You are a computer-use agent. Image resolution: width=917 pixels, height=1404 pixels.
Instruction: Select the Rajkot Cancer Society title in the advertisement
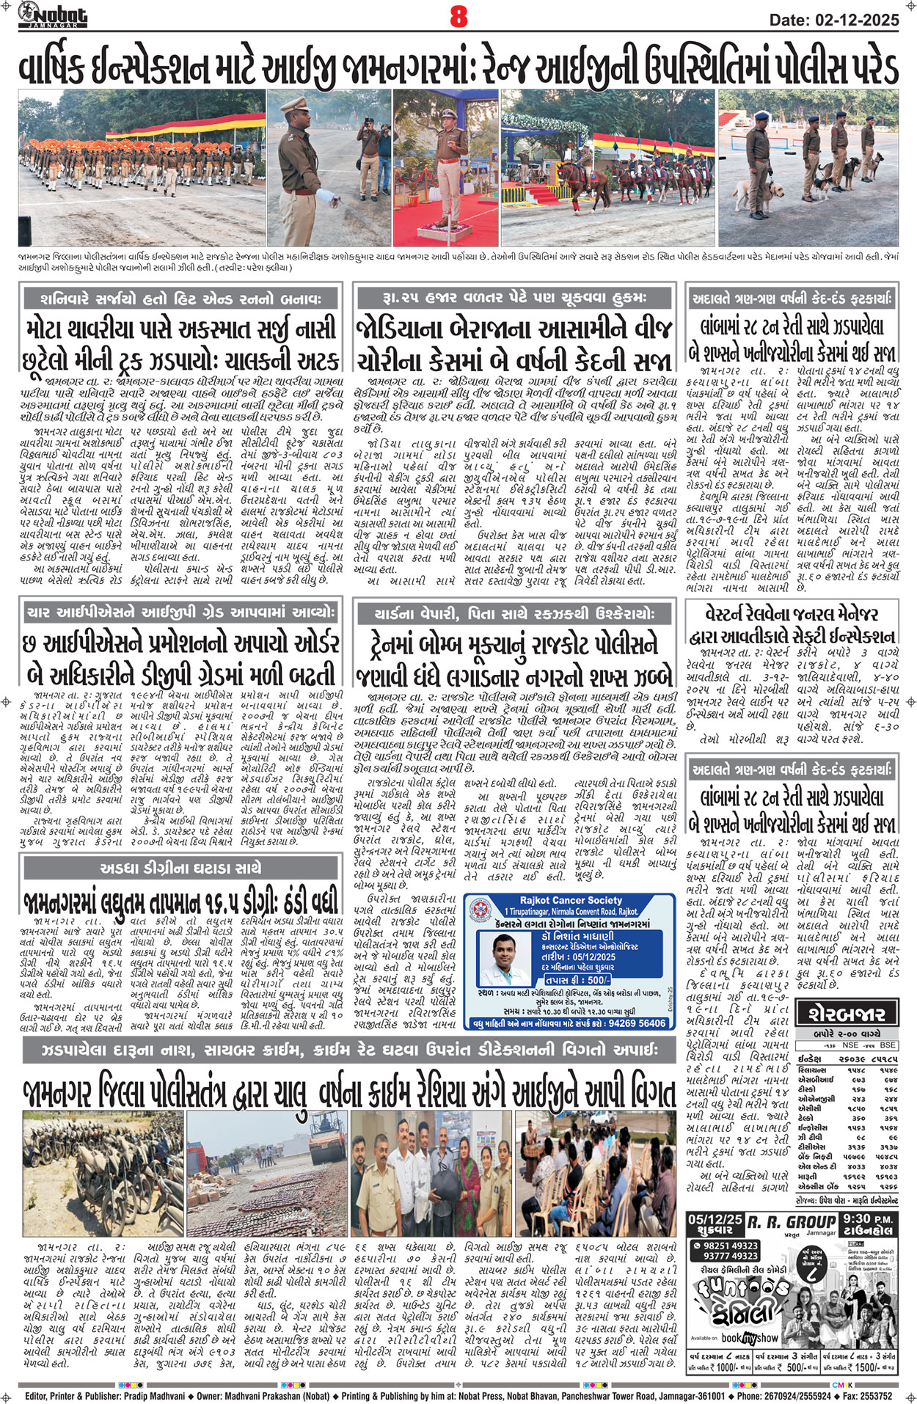(x=570, y=900)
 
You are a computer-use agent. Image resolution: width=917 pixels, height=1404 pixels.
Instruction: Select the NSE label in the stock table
(x=850, y=1045)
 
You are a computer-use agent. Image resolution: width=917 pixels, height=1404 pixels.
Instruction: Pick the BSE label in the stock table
(x=888, y=1045)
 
